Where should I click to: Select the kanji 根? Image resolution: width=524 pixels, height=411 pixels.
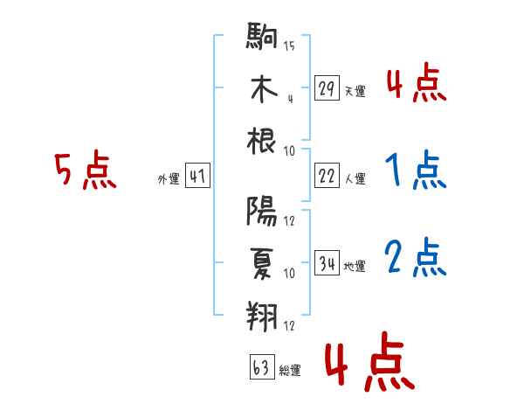[x=262, y=140]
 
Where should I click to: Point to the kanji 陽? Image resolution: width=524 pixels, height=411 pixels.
[x=262, y=212]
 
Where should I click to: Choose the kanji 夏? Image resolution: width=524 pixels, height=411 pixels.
[x=262, y=264]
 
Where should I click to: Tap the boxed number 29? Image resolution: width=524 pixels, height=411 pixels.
[x=326, y=88]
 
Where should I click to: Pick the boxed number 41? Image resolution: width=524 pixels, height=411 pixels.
[x=196, y=178]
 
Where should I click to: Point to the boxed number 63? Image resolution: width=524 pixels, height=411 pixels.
[x=260, y=369]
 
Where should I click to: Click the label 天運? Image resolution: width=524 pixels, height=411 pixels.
[x=355, y=91]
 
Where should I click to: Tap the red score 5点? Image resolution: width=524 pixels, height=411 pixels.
[x=83, y=171]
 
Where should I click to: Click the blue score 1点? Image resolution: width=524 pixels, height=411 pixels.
[x=415, y=171]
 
